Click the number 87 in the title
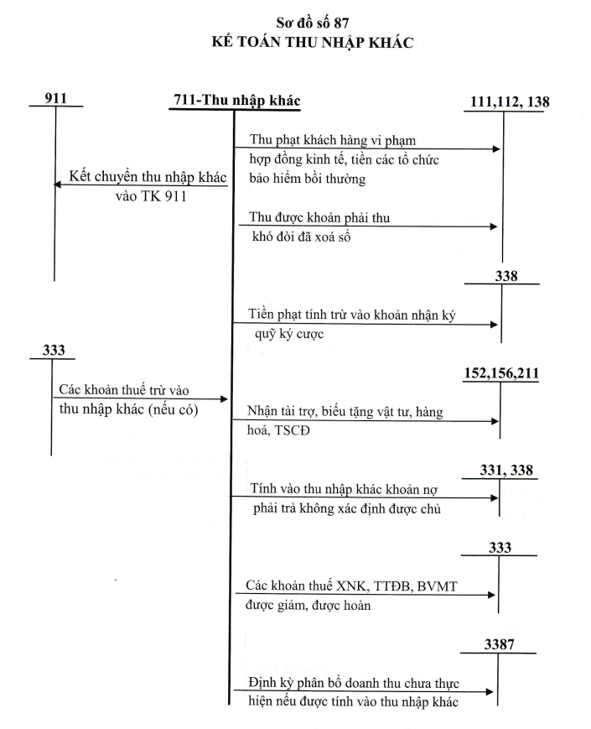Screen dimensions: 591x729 click(340, 23)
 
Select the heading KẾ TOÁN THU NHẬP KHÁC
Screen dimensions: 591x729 click(312, 42)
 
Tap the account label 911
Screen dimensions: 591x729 click(56, 98)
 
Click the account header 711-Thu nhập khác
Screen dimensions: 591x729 click(237, 101)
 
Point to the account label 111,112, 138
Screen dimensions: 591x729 click(510, 102)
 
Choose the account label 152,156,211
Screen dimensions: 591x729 click(501, 372)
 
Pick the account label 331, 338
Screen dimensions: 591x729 click(506, 470)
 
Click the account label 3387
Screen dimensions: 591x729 click(500, 644)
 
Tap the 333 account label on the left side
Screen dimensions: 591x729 click(54, 350)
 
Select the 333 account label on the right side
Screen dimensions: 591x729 click(500, 547)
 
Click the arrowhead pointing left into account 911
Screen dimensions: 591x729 click(57, 185)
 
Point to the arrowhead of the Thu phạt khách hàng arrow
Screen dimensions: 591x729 click(496, 148)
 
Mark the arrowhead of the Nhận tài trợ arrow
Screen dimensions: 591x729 click(495, 421)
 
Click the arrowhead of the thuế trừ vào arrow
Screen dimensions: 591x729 click(224, 399)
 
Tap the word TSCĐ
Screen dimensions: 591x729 click(292, 430)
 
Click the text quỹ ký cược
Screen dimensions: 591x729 click(289, 334)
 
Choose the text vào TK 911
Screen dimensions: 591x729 click(151, 196)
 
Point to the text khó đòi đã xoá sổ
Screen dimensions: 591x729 click(301, 237)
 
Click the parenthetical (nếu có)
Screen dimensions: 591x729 click(174, 409)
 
